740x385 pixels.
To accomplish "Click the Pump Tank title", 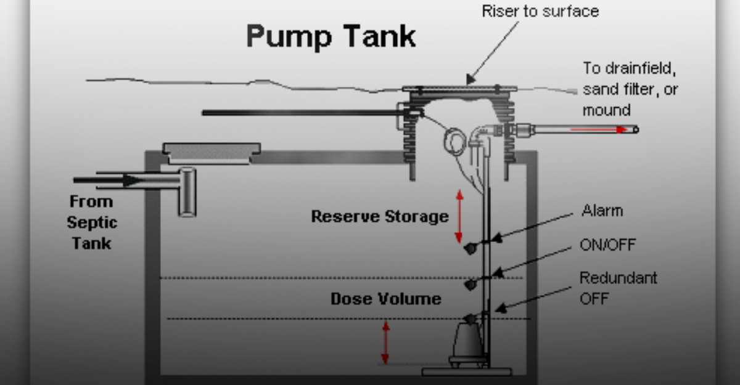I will [331, 37].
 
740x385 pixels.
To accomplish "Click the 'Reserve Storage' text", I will [380, 217].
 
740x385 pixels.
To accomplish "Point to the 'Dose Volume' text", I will [386, 299].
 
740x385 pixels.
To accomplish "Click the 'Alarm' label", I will [602, 211].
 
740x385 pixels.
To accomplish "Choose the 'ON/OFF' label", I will [607, 245].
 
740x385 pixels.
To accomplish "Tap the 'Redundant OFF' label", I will [617, 288].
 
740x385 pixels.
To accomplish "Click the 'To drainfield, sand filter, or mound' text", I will [629, 89].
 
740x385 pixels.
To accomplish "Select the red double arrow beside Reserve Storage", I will [459, 216].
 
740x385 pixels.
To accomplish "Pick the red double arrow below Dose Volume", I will [386, 342].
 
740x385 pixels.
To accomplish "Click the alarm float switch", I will [471, 248].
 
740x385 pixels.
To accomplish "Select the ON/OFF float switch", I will [471, 283].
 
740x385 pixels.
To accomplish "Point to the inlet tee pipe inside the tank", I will [186, 191].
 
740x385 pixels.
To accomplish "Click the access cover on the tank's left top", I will [212, 150].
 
